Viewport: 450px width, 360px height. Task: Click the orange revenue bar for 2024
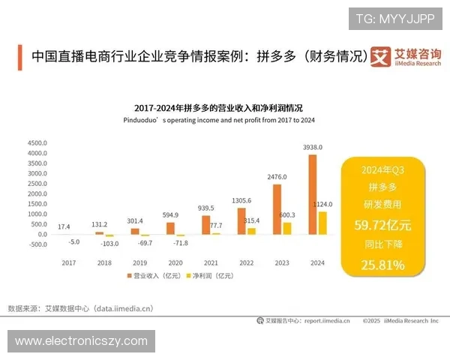point(313,195)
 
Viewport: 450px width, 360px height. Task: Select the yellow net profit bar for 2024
point(322,223)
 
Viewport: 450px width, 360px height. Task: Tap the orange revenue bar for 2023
point(277,210)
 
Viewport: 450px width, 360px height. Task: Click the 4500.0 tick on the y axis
point(37,142)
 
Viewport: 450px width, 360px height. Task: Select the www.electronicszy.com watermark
point(81,341)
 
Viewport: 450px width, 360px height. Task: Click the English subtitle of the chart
point(218,120)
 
